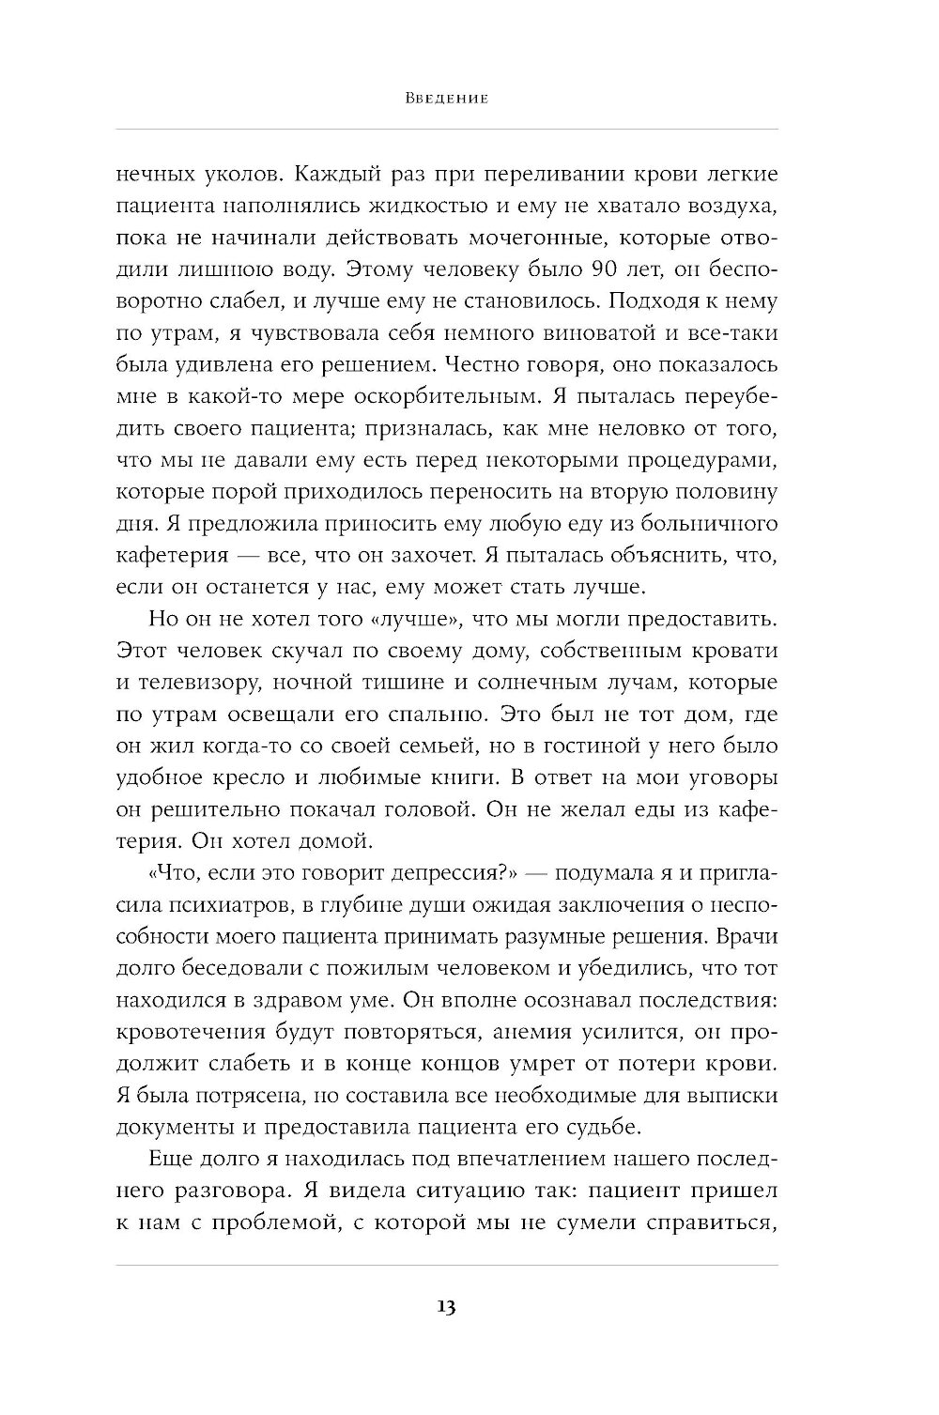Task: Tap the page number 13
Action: [x=446, y=1307]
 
